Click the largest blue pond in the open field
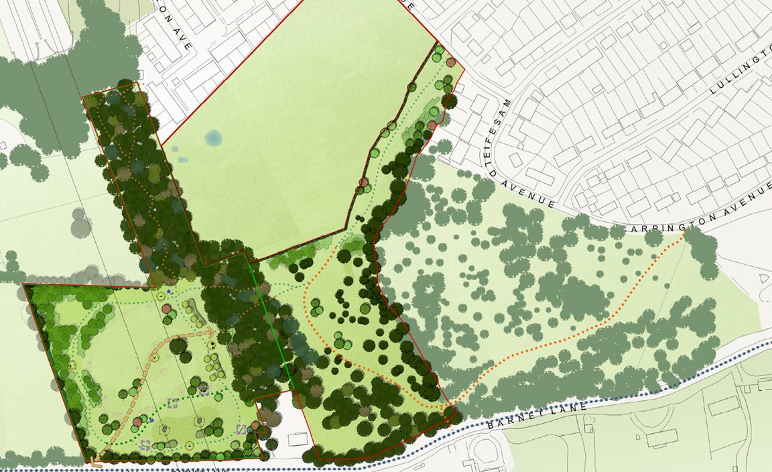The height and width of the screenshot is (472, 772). (213, 138)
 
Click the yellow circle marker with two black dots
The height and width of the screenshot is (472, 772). (214, 345)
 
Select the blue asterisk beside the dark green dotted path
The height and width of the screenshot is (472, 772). (152, 420)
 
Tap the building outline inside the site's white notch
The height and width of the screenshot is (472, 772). (298, 440)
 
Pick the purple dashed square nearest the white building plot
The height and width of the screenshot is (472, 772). (241, 429)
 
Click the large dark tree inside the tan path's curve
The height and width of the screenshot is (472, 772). (178, 347)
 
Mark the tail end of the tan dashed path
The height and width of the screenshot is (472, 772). (94, 463)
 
